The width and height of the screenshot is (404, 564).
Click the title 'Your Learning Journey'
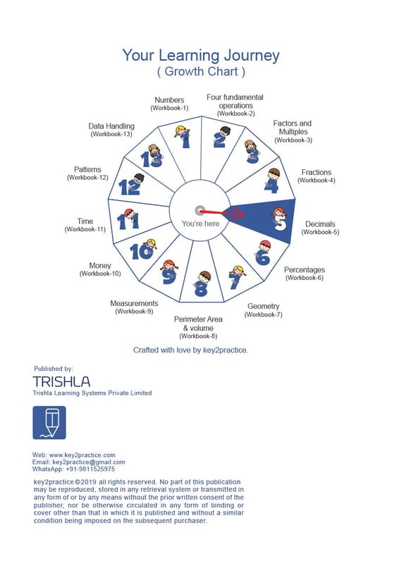pyautogui.click(x=201, y=56)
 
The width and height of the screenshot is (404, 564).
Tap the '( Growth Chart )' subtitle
pyautogui.click(x=201, y=71)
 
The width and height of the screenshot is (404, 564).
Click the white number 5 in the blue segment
pyautogui.click(x=280, y=223)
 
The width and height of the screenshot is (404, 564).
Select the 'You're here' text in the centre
pyautogui.click(x=200, y=223)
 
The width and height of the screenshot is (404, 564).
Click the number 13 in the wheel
pyautogui.click(x=151, y=159)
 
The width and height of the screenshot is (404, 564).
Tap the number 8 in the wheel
pyautogui.click(x=201, y=288)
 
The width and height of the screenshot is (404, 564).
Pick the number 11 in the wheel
pyautogui.click(x=128, y=221)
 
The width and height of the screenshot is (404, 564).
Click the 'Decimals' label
pyautogui.click(x=320, y=224)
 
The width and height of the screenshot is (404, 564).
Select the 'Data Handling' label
pyautogui.click(x=111, y=126)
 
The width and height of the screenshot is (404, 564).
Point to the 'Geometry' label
pyautogui.click(x=263, y=306)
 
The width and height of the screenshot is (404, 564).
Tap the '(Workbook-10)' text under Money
pyautogui.click(x=100, y=274)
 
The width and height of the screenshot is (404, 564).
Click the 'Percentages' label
pyautogui.click(x=305, y=270)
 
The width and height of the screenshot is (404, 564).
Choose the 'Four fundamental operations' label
pyautogui.click(x=235, y=102)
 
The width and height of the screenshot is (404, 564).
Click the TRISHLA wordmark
pyautogui.click(x=61, y=381)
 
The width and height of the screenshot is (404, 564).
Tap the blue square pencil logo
pyautogui.click(x=49, y=422)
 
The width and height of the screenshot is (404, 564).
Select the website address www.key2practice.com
pyautogui.click(x=82, y=455)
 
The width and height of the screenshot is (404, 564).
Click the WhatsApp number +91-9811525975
pyautogui.click(x=90, y=469)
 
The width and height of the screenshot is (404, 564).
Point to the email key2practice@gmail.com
pyautogui.click(x=89, y=462)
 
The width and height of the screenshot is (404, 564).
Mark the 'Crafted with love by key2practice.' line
pyautogui.click(x=190, y=350)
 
